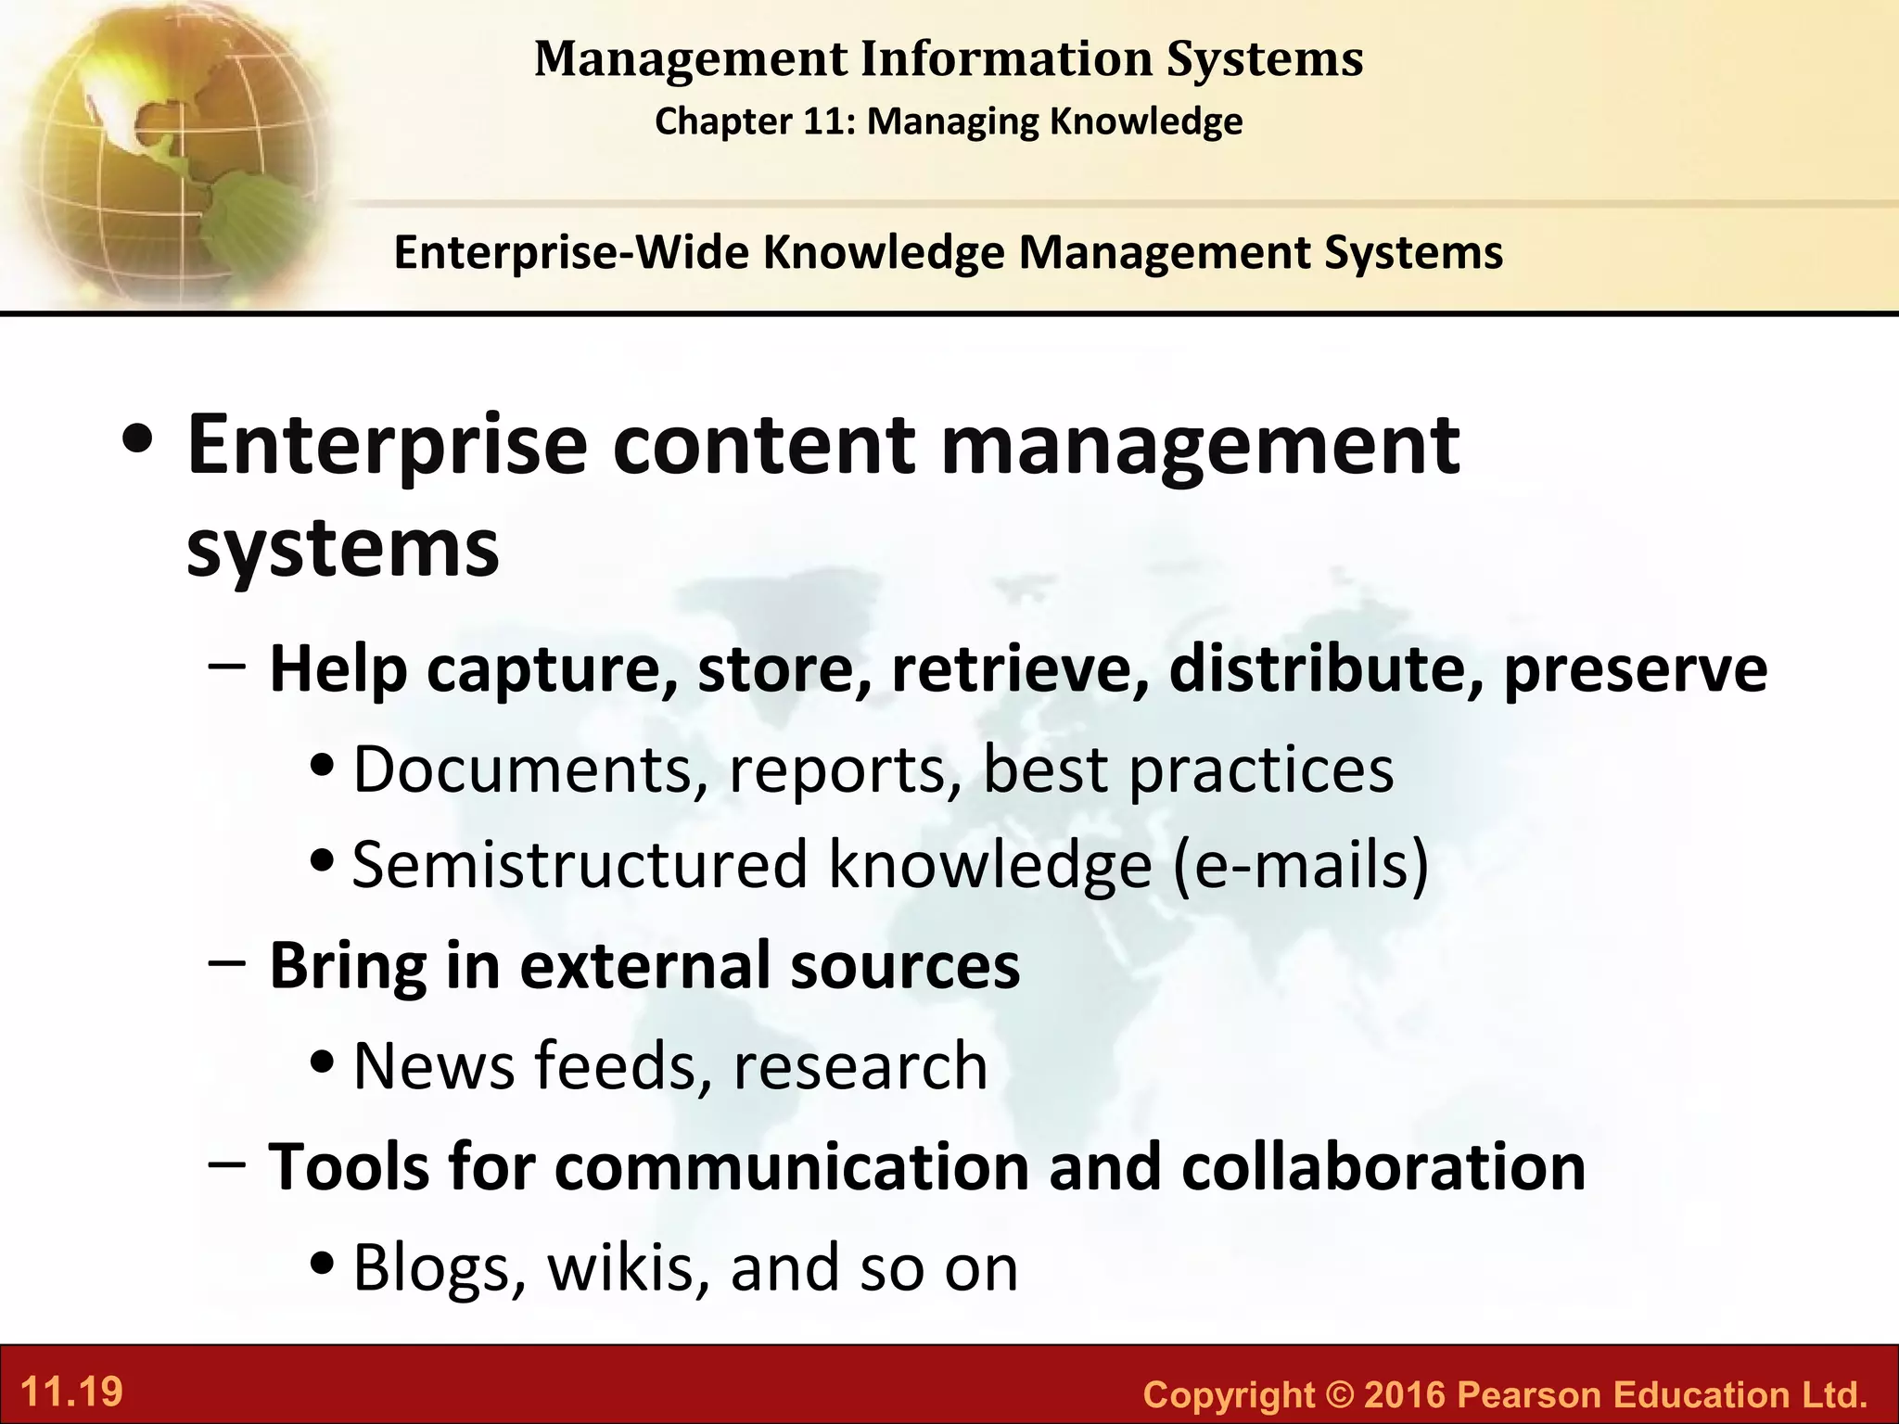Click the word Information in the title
(x=1005, y=59)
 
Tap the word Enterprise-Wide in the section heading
(x=570, y=252)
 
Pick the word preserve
(x=1635, y=670)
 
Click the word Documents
(x=524, y=769)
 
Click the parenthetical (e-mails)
(x=1300, y=864)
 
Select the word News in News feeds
(x=434, y=1065)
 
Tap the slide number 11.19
(x=71, y=1392)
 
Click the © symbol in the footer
(x=1339, y=1394)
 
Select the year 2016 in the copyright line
(x=1404, y=1394)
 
